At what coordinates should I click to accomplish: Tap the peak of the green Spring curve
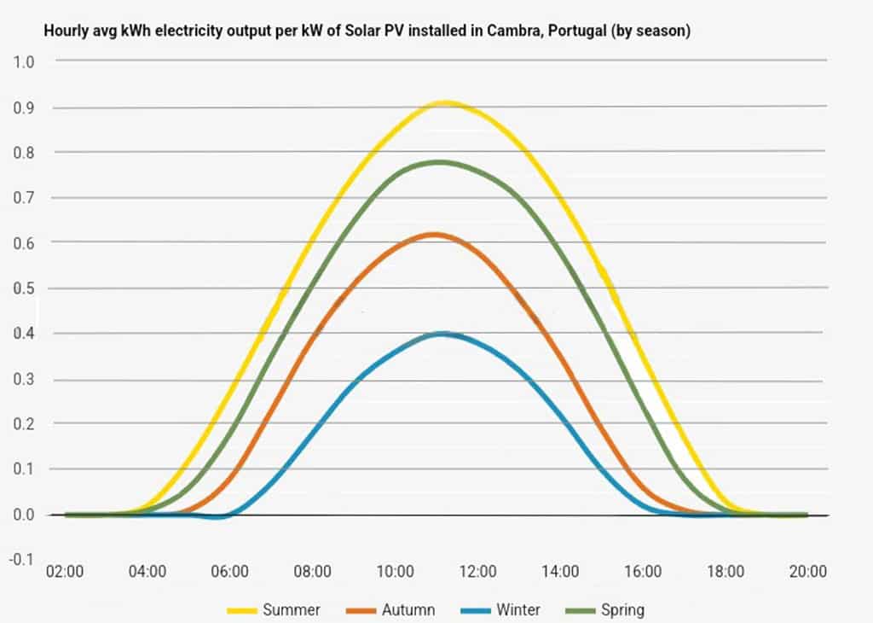(440, 161)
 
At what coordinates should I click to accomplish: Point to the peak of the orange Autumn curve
(434, 234)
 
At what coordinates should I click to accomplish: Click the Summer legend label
(292, 609)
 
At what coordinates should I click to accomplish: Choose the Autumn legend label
(408, 609)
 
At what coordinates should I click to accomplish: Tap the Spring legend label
(622, 609)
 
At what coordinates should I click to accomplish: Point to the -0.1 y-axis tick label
(22, 560)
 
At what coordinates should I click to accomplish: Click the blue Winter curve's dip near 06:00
(219, 516)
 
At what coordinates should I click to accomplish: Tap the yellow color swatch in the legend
(243, 609)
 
